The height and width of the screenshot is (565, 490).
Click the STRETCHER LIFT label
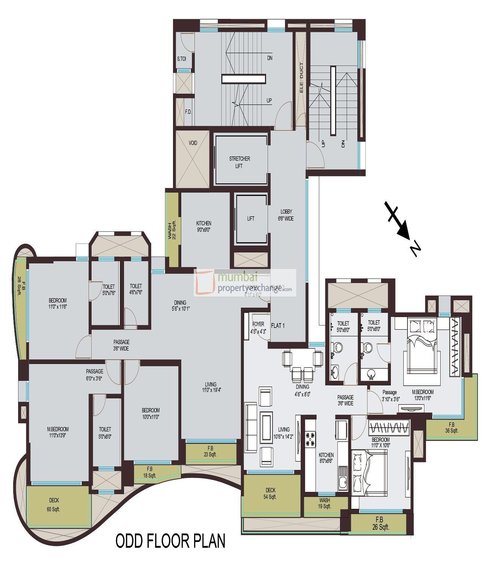coord(239,162)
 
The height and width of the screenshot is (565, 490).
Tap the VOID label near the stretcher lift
coord(193,143)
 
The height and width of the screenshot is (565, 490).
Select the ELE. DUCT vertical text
coord(301,78)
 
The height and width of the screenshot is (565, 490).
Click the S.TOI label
coord(181,59)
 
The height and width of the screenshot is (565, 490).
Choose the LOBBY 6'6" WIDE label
coord(286,215)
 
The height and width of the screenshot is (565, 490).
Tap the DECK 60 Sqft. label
coord(54,505)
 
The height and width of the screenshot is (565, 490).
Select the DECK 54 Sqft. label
coord(270,493)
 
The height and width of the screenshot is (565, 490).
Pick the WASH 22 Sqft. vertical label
coord(171,230)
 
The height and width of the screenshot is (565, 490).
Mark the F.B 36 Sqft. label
coord(451,428)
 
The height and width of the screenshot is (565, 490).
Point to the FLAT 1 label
coord(278,325)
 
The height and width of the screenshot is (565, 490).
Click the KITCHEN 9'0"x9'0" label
coord(204,226)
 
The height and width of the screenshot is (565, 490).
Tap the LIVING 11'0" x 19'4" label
coord(211,387)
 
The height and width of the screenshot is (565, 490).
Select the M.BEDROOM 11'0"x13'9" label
coord(58,432)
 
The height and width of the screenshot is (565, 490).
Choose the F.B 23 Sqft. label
coord(210,451)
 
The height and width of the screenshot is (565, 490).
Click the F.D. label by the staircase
coord(188,112)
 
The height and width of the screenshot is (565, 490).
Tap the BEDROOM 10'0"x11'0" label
coord(150,414)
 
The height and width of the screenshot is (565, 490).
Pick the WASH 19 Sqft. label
coord(324,503)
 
